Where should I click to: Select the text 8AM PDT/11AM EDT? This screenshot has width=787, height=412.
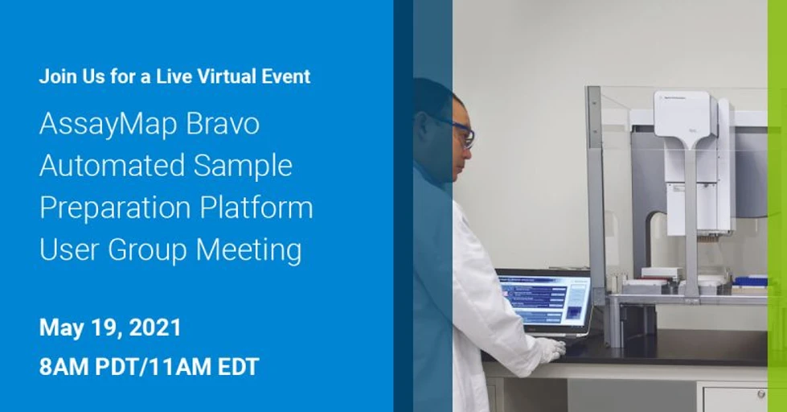pyautogui.click(x=149, y=367)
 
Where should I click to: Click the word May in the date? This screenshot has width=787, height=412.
pyautogui.click(x=57, y=328)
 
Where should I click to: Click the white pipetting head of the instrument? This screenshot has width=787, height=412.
pyautogui.click(x=683, y=117)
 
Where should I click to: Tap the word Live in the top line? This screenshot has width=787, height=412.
pyautogui.click(x=158, y=77)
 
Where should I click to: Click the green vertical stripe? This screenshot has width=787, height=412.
pyautogui.click(x=777, y=206)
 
